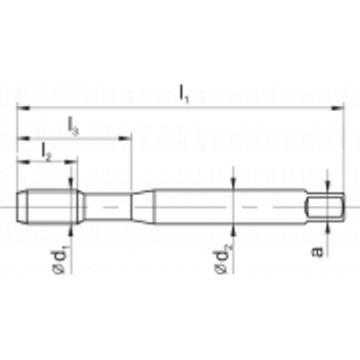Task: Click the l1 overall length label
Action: click(184, 94)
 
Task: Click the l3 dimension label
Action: click(73, 126)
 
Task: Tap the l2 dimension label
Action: click(47, 152)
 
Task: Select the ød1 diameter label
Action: click(59, 259)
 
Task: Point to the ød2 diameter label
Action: click(222, 258)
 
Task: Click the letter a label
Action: click(317, 251)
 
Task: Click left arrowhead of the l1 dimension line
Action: click(23, 108)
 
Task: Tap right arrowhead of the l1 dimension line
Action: click(337, 108)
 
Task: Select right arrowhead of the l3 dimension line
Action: click(125, 138)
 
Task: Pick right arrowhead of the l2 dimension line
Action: click(71, 162)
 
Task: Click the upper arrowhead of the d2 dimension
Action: click(233, 183)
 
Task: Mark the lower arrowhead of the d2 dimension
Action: click(233, 230)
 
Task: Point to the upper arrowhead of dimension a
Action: click(328, 186)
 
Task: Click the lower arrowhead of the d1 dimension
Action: click(71, 231)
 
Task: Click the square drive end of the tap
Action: click(325, 207)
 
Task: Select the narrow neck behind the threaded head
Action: click(108, 207)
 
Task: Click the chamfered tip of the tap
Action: click(22, 207)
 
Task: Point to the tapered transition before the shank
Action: click(143, 207)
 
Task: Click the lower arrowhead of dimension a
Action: click(328, 228)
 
